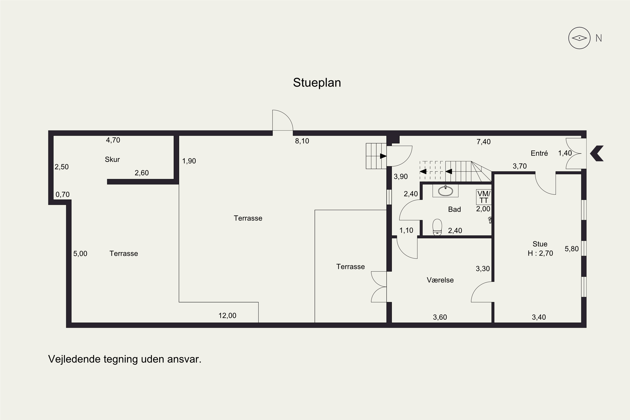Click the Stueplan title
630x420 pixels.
pos(317,83)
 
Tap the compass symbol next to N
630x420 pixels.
pos(579,38)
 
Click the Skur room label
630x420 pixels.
pos(112,159)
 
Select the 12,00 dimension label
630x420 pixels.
pos(227,316)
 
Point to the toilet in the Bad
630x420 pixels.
pos(437,227)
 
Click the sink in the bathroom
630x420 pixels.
pos(445,191)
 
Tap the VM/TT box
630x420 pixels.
pos(484,197)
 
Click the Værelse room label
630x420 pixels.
pos(440,280)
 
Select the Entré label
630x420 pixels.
pos(539,153)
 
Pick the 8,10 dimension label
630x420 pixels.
pos(302,141)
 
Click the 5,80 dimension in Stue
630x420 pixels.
pos(572,249)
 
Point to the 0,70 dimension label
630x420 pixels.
pos(62,194)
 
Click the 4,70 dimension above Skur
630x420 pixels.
pos(113,140)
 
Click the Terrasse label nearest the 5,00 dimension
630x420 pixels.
pos(124,254)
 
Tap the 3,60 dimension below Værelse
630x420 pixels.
pos(440,317)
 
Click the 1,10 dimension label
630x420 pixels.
pos(406,230)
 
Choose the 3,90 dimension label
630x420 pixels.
pos(401,177)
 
